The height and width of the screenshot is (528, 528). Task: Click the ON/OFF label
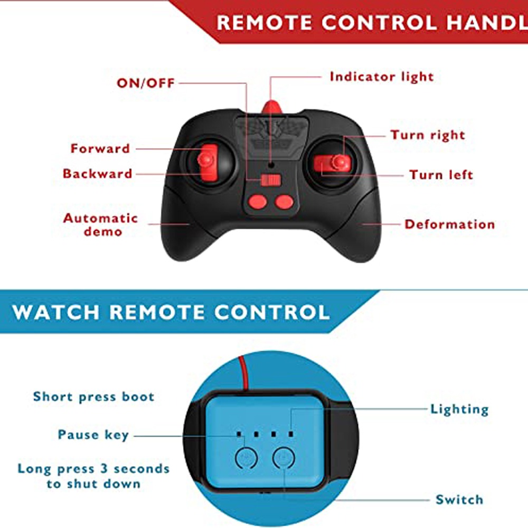146,83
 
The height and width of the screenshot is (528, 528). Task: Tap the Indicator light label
382,77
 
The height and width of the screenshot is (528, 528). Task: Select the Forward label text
100,148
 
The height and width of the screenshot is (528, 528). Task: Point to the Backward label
97,174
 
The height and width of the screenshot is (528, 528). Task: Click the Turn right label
428,135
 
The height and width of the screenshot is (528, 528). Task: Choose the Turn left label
441,175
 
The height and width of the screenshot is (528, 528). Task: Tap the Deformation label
449,224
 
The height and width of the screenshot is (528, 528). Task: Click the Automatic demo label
101,224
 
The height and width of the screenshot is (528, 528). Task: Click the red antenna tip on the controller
272,107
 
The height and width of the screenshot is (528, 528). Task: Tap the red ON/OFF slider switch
271,180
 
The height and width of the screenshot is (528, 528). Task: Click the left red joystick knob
206,159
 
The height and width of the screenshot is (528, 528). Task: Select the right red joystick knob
340,162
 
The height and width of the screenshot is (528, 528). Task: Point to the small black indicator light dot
271,165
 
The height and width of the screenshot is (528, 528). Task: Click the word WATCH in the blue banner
56,312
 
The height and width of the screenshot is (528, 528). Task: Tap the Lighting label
460,409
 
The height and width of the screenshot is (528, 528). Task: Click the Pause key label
93,435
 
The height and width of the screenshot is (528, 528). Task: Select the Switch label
459,499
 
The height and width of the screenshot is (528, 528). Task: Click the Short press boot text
93,397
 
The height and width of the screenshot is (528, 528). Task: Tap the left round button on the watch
247,458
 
